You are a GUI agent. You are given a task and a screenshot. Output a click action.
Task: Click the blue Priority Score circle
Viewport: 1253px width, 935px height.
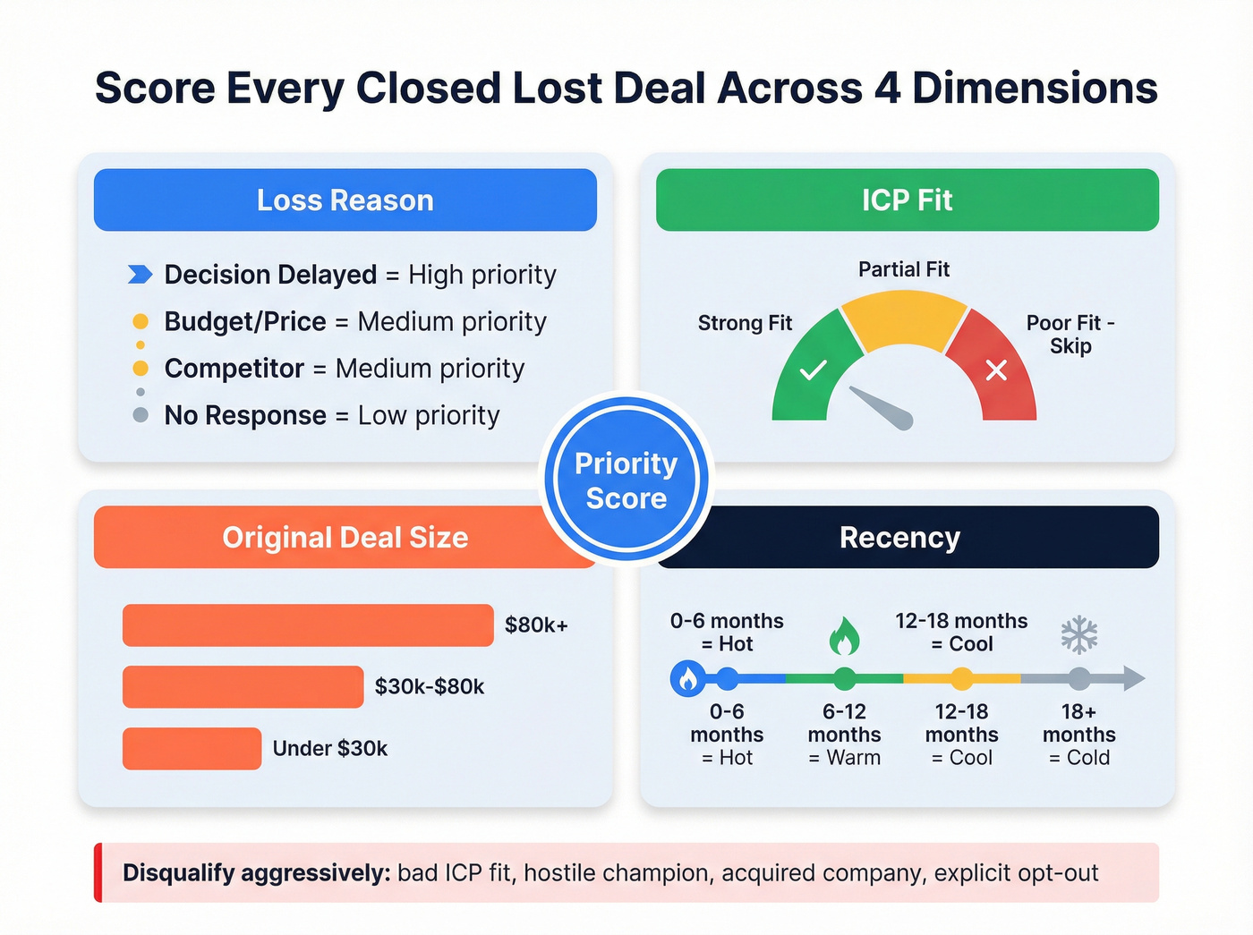pyautogui.click(x=626, y=480)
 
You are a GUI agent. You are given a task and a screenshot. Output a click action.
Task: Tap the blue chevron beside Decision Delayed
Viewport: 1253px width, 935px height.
pyautogui.click(x=141, y=275)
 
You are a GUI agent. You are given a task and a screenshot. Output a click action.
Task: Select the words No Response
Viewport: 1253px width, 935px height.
pyautogui.click(x=244, y=416)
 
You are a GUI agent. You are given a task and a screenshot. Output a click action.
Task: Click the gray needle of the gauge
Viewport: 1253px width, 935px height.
pyautogui.click(x=882, y=408)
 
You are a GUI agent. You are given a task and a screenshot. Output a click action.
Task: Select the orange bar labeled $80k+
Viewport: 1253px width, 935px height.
pyautogui.click(x=308, y=625)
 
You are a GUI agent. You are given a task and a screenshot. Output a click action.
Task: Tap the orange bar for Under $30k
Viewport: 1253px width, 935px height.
pyautogui.click(x=192, y=749)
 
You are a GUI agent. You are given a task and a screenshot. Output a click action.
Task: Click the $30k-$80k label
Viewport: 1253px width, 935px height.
pyautogui.click(x=429, y=687)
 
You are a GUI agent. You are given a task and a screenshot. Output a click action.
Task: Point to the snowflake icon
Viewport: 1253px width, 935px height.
pyautogui.click(x=1078, y=634)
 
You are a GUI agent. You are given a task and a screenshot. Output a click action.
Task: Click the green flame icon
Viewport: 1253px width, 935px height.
pyautogui.click(x=844, y=636)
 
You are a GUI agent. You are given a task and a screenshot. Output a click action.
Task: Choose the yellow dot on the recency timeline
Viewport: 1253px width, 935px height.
pyautogui.click(x=961, y=679)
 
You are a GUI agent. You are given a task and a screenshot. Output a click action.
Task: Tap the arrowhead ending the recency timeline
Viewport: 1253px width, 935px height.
pyautogui.click(x=1134, y=678)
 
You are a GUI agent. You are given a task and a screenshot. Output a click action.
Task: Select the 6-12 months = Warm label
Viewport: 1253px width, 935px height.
pyautogui.click(x=844, y=735)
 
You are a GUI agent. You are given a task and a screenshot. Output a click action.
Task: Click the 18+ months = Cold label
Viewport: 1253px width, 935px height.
pyautogui.click(x=1078, y=735)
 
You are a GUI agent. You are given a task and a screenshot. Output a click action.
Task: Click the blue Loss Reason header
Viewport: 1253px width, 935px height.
pyautogui.click(x=345, y=200)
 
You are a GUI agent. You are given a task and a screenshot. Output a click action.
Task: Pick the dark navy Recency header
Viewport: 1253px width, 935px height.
pyautogui.click(x=899, y=538)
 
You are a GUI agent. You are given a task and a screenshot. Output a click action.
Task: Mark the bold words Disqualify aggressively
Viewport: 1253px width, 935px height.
pyautogui.click(x=256, y=873)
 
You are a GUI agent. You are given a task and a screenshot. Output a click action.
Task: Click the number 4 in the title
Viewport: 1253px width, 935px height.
pyautogui.click(x=887, y=89)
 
